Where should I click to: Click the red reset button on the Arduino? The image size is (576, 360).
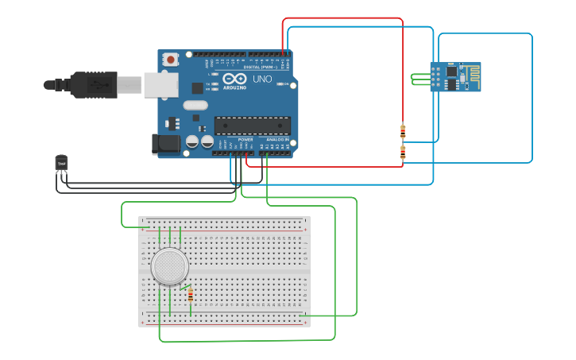point(171,59)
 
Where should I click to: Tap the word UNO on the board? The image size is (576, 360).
point(262,79)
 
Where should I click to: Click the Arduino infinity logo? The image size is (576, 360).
point(234,79)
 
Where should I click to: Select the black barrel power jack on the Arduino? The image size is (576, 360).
point(164,144)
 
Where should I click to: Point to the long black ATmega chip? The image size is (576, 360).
point(252,126)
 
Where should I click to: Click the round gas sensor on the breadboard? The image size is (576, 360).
point(170,266)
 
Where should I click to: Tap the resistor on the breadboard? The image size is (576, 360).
point(191,296)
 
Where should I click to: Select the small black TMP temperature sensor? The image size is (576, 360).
point(61,162)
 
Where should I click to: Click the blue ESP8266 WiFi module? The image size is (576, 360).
point(455,77)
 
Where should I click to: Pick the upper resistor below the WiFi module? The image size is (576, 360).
point(403,132)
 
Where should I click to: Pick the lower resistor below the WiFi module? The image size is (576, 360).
point(403,153)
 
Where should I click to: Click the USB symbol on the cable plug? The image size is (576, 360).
point(99,83)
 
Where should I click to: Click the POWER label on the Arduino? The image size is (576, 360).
point(245,139)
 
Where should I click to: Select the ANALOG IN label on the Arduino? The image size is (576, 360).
point(277,139)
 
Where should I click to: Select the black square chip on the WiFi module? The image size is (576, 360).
point(451,72)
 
